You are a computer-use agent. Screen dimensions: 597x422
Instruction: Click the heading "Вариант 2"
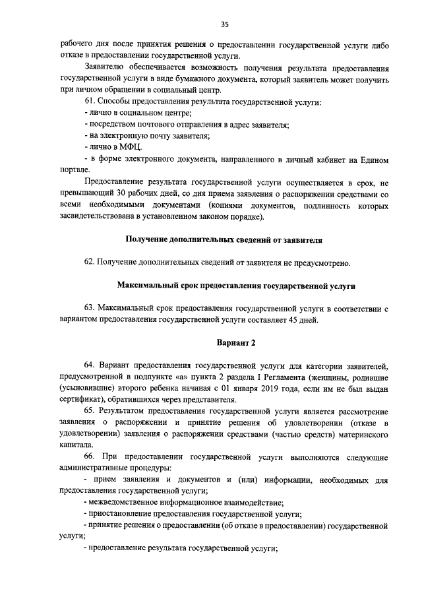(x=236, y=343)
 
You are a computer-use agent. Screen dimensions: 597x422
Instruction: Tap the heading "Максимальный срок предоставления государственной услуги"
(x=236, y=286)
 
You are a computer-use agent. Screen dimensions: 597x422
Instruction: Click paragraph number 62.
(x=90, y=263)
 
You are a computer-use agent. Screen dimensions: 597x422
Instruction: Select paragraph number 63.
(x=90, y=309)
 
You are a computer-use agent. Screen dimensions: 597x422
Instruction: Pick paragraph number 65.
(x=90, y=410)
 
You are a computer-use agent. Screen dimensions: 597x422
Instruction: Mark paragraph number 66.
(x=90, y=456)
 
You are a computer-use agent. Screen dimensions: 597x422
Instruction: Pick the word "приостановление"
(x=121, y=514)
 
